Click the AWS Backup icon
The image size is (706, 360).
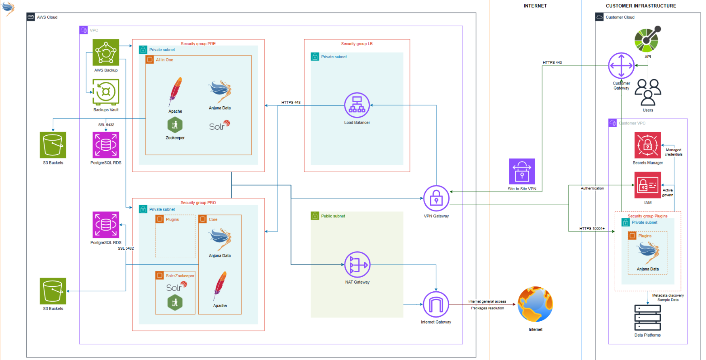[x=106, y=52]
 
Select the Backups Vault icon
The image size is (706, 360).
[x=106, y=92]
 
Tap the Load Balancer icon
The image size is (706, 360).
[x=357, y=105]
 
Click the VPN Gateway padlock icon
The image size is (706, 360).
[x=436, y=198]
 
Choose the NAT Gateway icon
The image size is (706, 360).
[x=357, y=265]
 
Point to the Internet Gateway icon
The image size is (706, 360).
[x=436, y=304]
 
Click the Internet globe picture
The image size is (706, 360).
[x=535, y=304]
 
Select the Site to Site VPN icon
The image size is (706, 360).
[x=522, y=171]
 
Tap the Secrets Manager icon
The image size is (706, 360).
[x=647, y=145]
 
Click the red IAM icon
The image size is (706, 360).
[x=647, y=185]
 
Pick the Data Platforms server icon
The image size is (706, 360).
[x=647, y=318]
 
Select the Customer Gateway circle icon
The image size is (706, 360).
[x=621, y=65]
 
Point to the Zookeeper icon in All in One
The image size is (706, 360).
[x=175, y=125]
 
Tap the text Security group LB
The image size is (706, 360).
[x=357, y=44]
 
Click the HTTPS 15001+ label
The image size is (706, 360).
[x=592, y=229]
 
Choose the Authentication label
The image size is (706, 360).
[x=592, y=188]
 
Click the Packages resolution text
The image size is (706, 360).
[x=487, y=308]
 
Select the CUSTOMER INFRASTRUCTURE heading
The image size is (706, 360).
[x=641, y=6]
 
